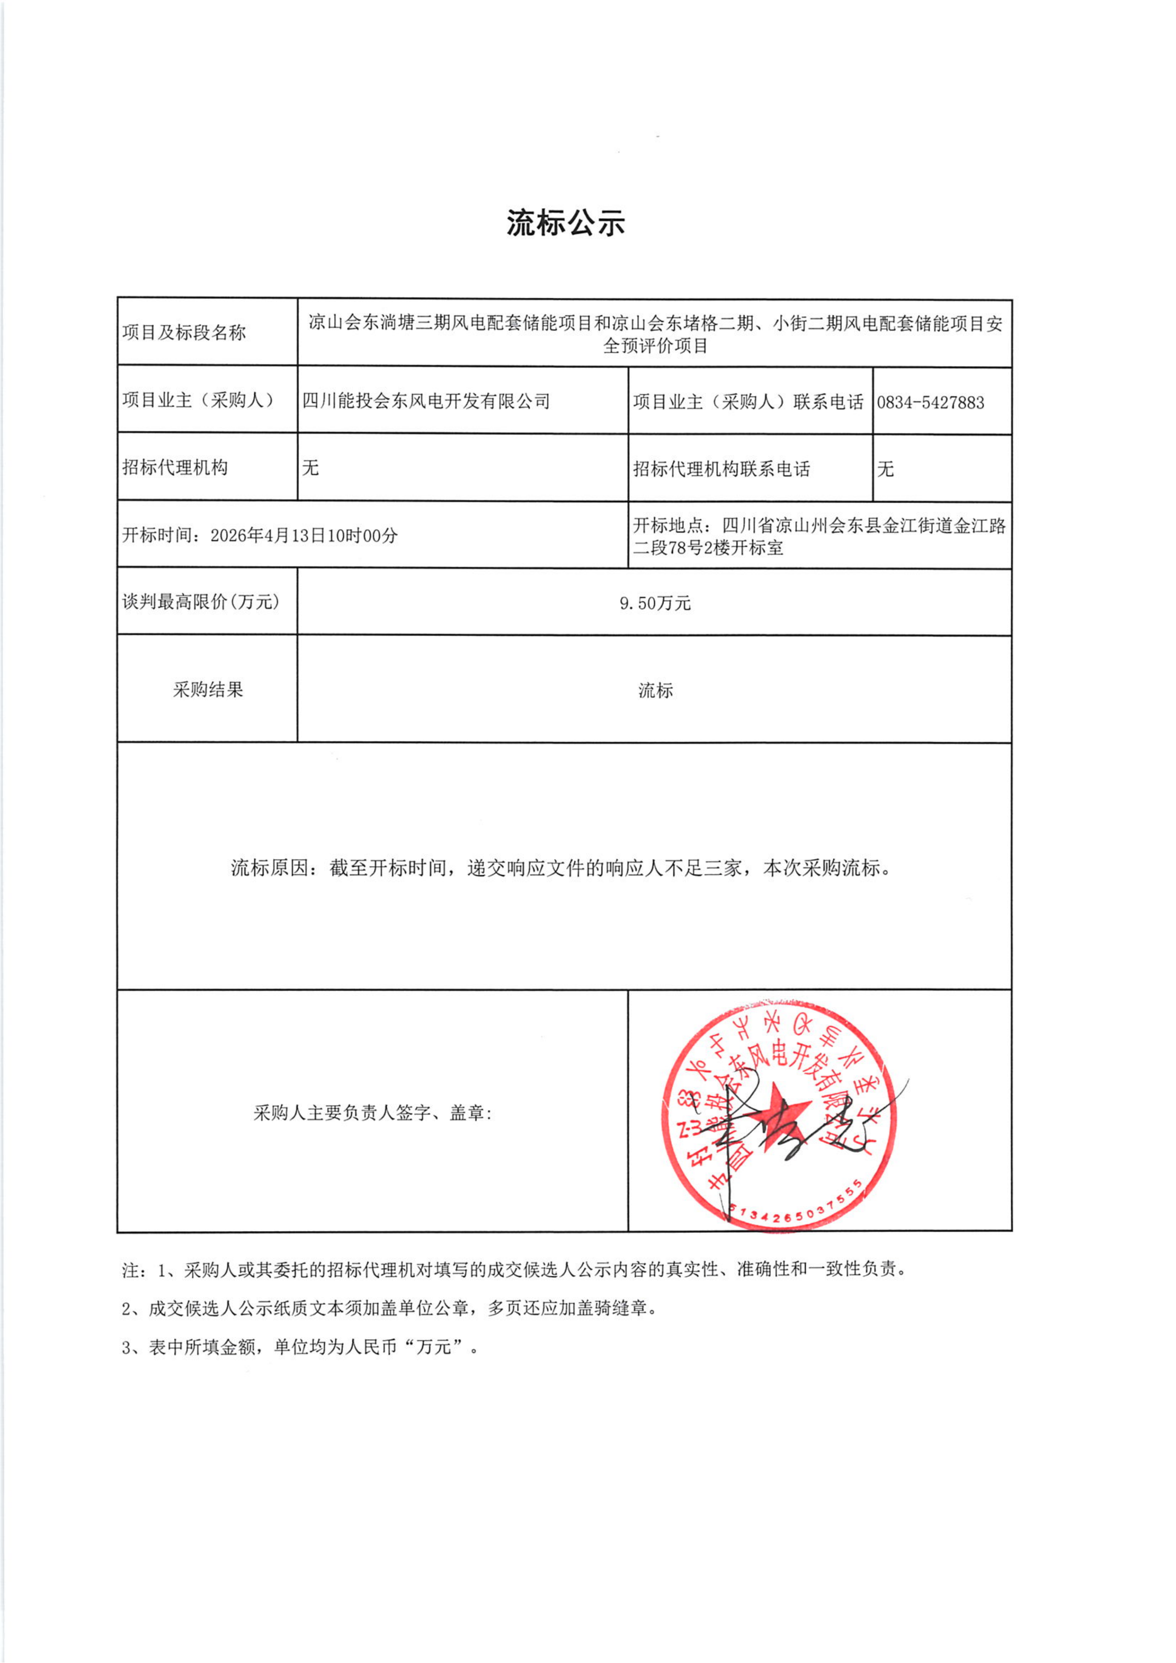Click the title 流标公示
pyautogui.click(x=565, y=223)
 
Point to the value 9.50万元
pyautogui.click(x=655, y=603)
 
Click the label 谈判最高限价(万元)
pyautogui.click(x=201, y=602)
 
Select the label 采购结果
pyautogui.click(x=208, y=689)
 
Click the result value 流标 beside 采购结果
pyautogui.click(x=655, y=690)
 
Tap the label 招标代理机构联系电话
pyautogui.click(x=721, y=469)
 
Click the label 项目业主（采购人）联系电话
pyautogui.click(x=748, y=402)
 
